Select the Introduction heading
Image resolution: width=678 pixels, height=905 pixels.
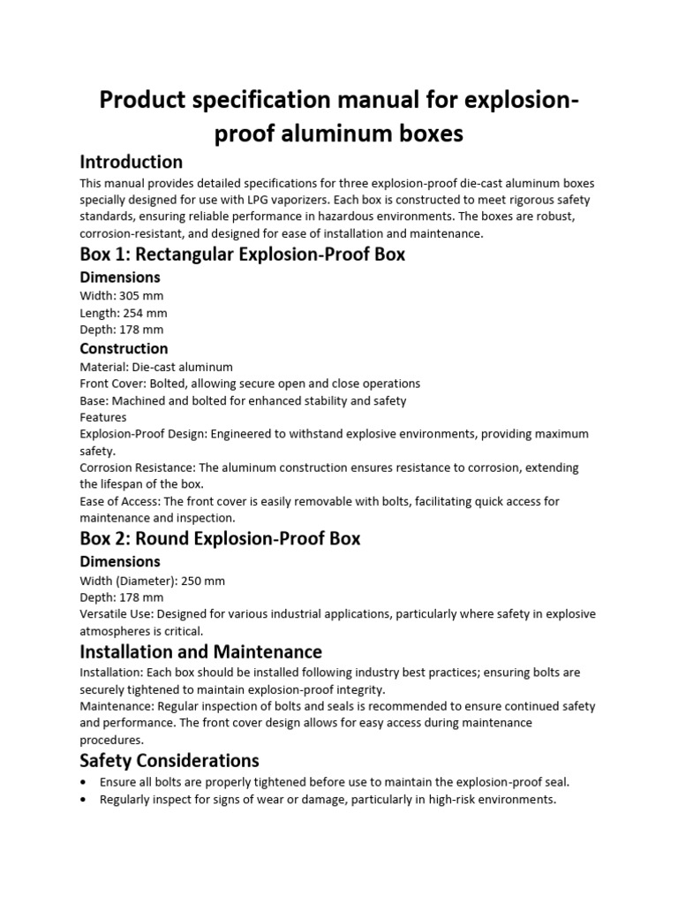tap(131, 162)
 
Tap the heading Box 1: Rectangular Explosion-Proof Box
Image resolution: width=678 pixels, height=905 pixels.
tap(242, 255)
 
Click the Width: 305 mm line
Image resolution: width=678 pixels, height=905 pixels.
tap(121, 295)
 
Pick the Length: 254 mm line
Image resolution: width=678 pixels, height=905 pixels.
tap(123, 313)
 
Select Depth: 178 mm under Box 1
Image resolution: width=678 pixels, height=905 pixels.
tap(121, 330)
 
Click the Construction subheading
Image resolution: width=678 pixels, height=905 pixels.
tap(124, 348)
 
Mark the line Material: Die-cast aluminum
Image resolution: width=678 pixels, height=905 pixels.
tap(156, 367)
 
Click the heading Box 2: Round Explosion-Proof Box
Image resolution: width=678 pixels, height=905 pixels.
tap(220, 538)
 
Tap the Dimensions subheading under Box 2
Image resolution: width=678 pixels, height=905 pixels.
tap(120, 561)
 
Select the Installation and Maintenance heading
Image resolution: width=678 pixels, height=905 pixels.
tap(200, 652)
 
